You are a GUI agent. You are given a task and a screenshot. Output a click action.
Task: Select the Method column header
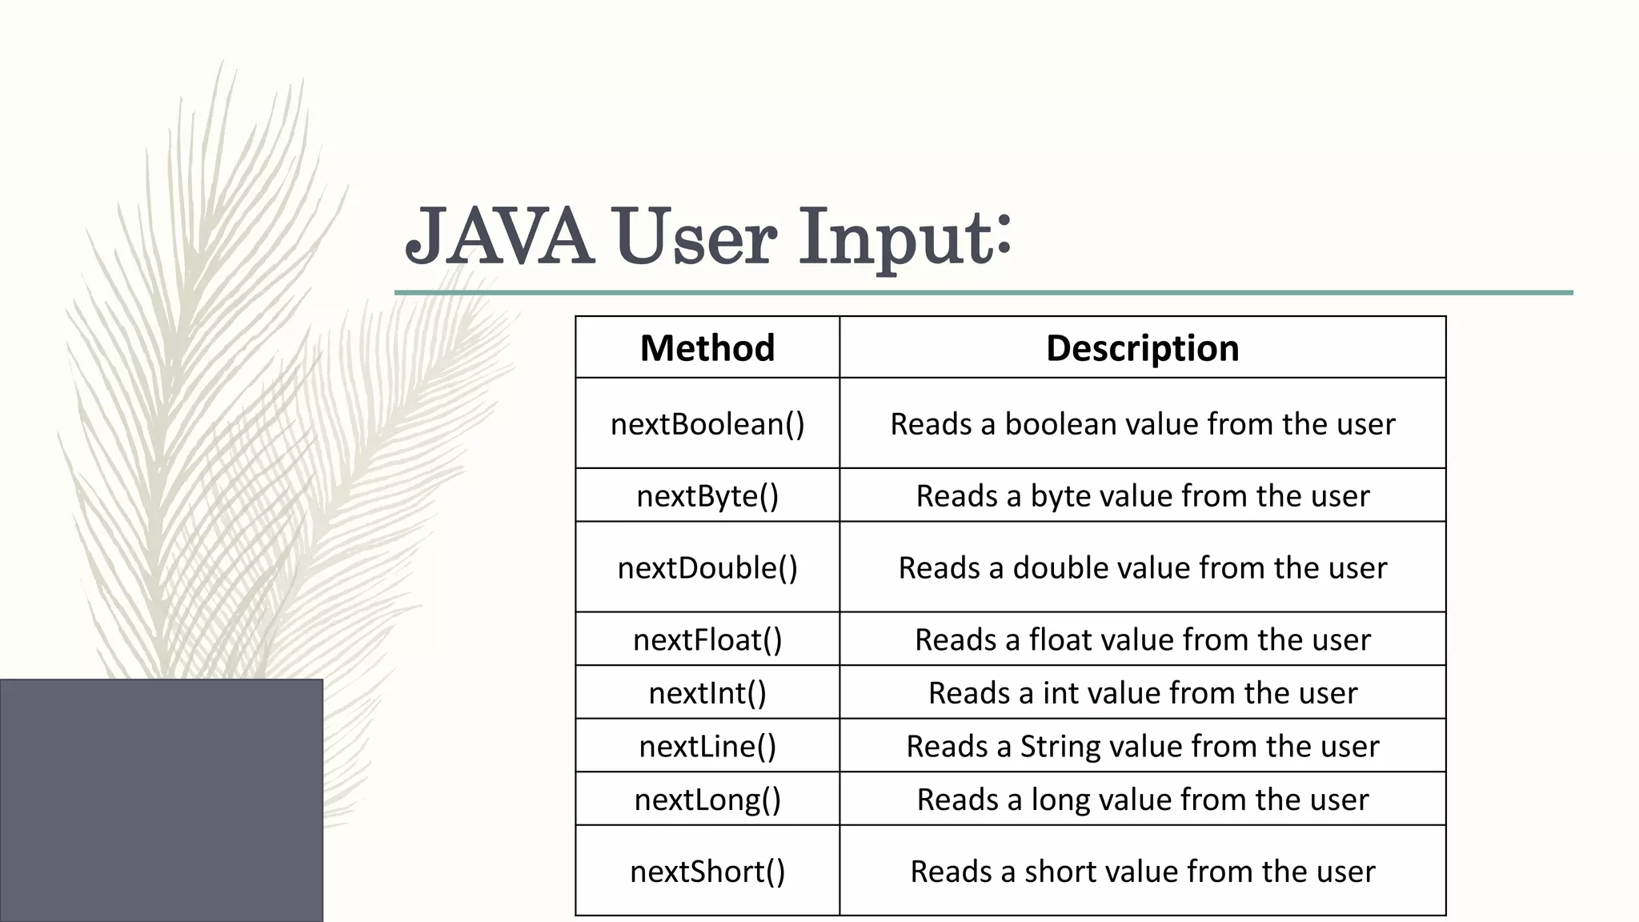pyautogui.click(x=707, y=348)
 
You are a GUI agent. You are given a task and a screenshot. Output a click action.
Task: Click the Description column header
pyautogui.click(x=1142, y=348)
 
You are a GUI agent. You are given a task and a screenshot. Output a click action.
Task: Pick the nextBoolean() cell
pyautogui.click(x=707, y=423)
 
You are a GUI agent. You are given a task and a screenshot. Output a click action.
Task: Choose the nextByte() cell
pyautogui.click(x=707, y=495)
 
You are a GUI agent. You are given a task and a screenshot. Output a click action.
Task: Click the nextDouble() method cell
pyautogui.click(x=707, y=567)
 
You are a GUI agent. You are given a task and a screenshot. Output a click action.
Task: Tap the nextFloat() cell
pyautogui.click(x=707, y=639)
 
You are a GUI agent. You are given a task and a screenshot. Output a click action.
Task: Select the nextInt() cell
pyautogui.click(x=707, y=692)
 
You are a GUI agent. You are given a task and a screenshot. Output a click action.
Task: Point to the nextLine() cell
pyautogui.click(x=707, y=746)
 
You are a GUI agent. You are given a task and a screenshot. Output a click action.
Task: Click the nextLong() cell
pyautogui.click(x=707, y=799)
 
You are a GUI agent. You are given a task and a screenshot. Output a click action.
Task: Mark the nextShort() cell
pyautogui.click(x=707, y=871)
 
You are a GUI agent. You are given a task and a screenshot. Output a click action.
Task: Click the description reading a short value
pyautogui.click(x=1142, y=871)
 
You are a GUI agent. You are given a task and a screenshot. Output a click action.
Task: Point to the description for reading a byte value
pyautogui.click(x=1142, y=495)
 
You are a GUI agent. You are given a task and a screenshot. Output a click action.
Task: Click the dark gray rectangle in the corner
pyautogui.click(x=161, y=800)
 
